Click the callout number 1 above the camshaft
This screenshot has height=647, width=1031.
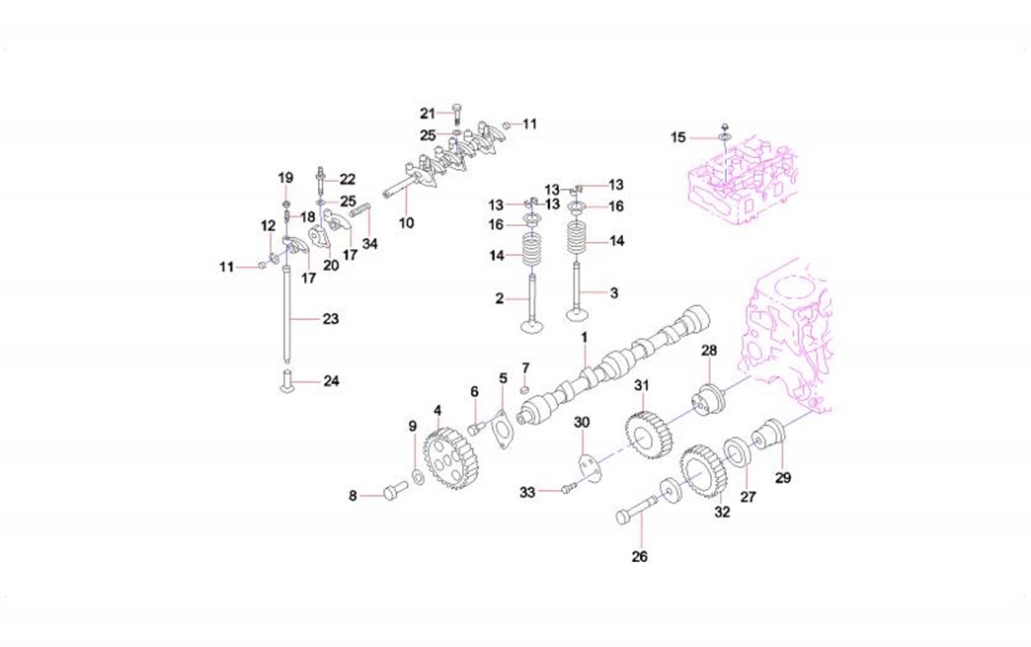pyautogui.click(x=584, y=338)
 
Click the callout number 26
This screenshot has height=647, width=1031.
pyautogui.click(x=639, y=557)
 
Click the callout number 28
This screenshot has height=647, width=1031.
pyautogui.click(x=709, y=352)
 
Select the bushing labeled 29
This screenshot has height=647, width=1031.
pyautogui.click(x=768, y=435)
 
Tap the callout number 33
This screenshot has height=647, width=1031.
pyautogui.click(x=527, y=491)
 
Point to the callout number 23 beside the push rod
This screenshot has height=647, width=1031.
pyautogui.click(x=330, y=319)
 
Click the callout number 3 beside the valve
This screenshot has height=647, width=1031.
pyautogui.click(x=614, y=293)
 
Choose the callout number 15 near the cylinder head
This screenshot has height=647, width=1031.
pyautogui.click(x=678, y=137)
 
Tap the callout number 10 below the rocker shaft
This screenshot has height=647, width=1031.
pyautogui.click(x=406, y=223)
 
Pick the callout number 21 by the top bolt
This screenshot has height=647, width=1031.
pyautogui.click(x=427, y=113)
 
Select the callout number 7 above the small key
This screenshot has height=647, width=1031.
pyautogui.click(x=525, y=367)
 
